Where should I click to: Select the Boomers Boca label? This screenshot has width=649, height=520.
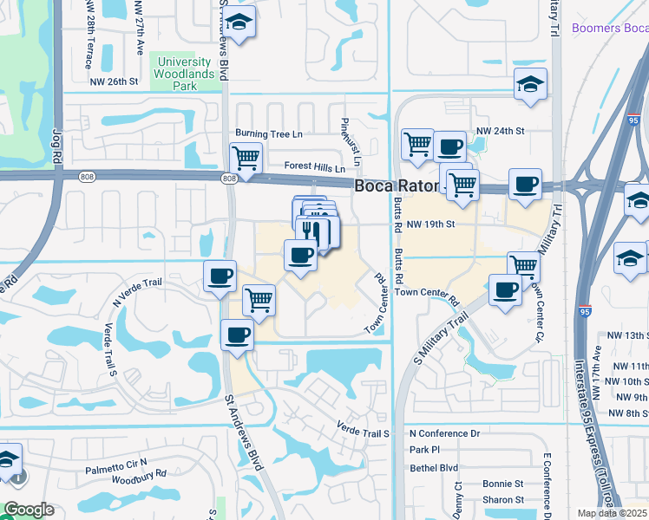point(608,29)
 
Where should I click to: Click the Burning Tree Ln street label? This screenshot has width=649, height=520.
point(269,134)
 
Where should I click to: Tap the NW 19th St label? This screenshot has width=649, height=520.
point(435,224)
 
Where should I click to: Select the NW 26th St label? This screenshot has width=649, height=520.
point(115,82)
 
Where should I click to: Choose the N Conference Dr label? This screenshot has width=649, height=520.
point(444,432)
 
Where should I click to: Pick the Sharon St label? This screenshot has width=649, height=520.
point(502,500)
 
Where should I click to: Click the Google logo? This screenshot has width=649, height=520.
point(29,510)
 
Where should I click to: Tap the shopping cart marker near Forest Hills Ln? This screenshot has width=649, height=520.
point(246,158)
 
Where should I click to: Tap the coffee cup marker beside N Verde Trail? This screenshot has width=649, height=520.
point(219,275)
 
